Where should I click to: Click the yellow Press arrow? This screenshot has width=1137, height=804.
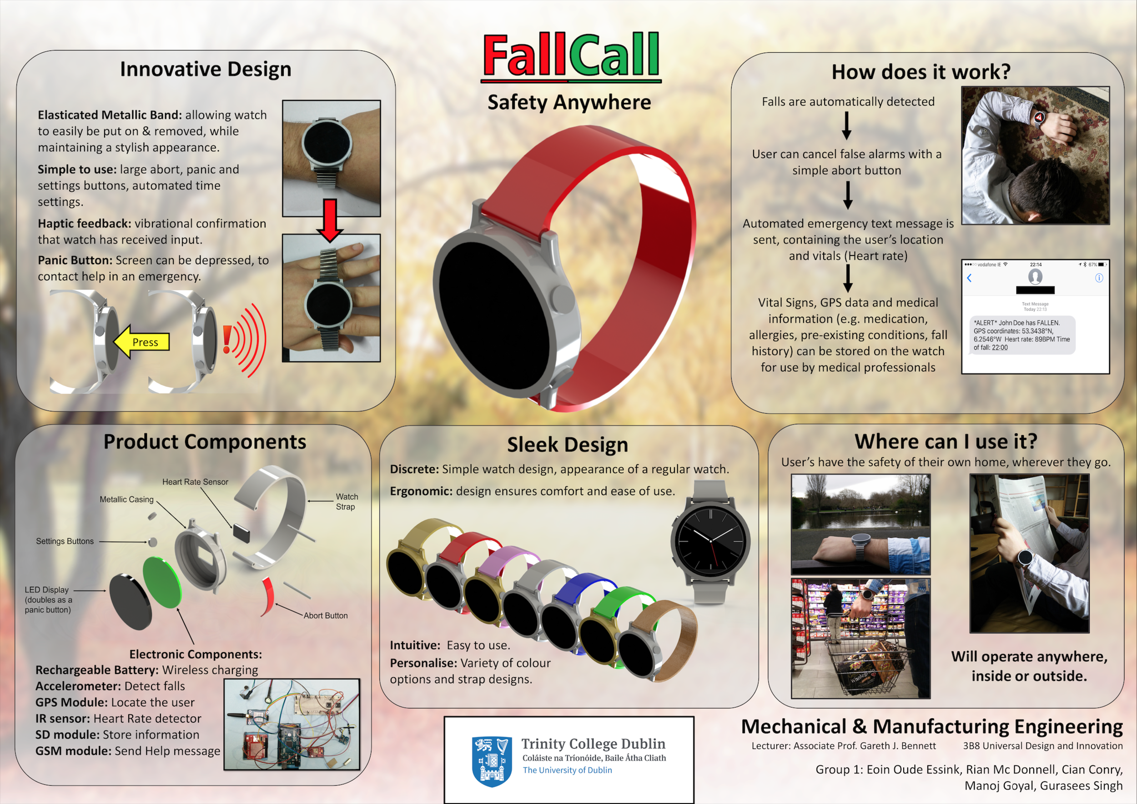(141, 342)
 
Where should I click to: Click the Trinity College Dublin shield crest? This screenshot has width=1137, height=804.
(492, 761)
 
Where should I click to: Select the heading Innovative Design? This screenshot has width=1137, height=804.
(206, 69)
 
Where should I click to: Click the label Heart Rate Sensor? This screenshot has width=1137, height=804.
(195, 482)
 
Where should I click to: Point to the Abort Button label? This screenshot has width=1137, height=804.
(326, 615)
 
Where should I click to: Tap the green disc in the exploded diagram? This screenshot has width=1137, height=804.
(162, 582)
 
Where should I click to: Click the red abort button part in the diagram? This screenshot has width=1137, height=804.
(268, 595)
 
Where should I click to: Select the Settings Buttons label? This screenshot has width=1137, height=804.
(65, 541)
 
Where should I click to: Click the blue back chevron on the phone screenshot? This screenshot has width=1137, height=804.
(970, 278)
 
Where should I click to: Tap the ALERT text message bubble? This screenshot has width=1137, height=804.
(1021, 335)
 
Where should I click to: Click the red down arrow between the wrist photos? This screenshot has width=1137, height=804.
(330, 220)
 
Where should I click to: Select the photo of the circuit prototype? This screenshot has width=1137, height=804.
(292, 724)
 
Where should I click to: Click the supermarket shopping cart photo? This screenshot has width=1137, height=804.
(860, 638)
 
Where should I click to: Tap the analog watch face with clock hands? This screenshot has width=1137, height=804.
(710, 541)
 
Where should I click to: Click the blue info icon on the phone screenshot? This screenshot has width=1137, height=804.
(1099, 278)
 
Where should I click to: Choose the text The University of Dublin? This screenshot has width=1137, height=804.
(567, 770)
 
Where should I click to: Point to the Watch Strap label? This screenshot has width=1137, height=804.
(346, 501)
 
